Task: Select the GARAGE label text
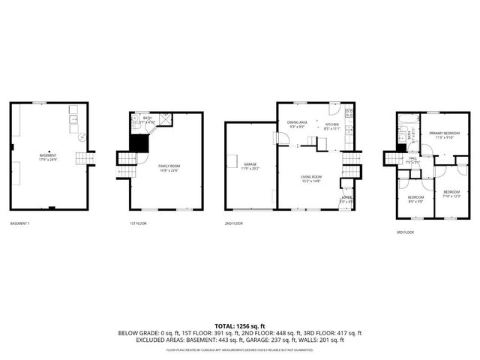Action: click(250, 165)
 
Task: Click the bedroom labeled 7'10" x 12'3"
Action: click(451, 194)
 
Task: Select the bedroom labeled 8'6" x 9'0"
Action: click(415, 199)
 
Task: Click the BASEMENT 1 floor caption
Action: click(21, 223)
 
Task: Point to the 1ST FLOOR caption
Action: click(139, 223)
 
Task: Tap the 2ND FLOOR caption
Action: click(233, 223)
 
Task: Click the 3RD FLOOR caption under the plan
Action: click(405, 232)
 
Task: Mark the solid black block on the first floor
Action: click(138, 142)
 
